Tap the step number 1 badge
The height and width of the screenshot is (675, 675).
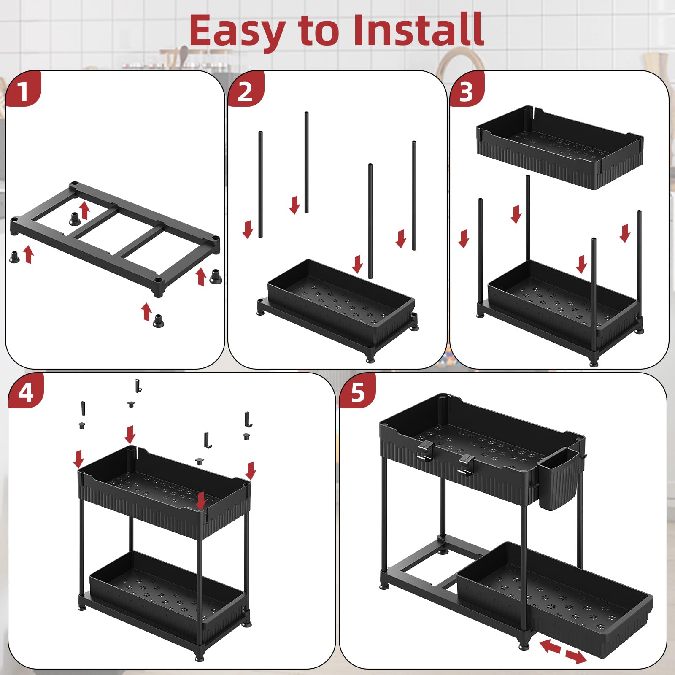coord(23,90)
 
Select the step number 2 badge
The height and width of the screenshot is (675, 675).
coord(245,90)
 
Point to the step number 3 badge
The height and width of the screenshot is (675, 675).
coord(466,90)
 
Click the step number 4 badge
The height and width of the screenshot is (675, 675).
coord(25,392)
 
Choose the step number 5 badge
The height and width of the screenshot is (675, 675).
coord(357,392)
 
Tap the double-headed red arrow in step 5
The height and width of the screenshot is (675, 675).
coord(563,651)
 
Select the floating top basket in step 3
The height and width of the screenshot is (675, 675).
coord(559,148)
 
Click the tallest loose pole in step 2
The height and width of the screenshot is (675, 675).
coord(306,162)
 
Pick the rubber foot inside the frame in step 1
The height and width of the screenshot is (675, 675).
coord(75,219)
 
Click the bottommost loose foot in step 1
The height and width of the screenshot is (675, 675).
coord(159,321)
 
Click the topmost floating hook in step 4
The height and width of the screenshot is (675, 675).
coord(138,385)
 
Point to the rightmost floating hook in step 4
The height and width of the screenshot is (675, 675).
coord(248,419)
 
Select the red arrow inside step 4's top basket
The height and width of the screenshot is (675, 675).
coord(201,500)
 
